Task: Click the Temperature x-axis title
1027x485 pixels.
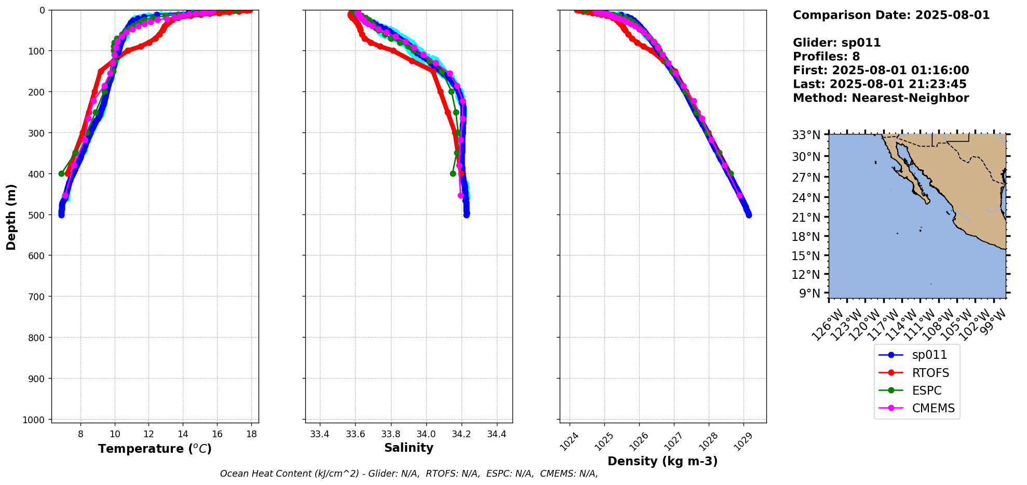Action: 155,449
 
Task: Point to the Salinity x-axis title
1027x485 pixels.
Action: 409,448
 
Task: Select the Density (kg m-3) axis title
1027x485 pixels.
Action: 663,461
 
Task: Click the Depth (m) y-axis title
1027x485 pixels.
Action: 11,217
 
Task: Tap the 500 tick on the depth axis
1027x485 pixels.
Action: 38,215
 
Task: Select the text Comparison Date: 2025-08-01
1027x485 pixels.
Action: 891,16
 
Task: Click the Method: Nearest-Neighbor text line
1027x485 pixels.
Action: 881,98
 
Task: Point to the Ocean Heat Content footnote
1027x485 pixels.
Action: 409,474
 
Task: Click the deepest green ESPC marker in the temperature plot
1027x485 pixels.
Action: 61,173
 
